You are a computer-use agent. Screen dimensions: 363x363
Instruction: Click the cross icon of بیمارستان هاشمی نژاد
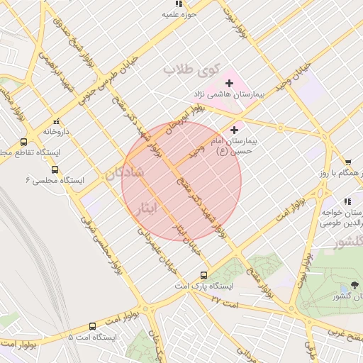click(x=229, y=84)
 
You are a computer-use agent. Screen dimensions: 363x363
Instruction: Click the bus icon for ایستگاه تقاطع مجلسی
click(x=24, y=141)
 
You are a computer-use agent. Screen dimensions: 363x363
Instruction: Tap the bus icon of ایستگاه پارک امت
click(x=204, y=275)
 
